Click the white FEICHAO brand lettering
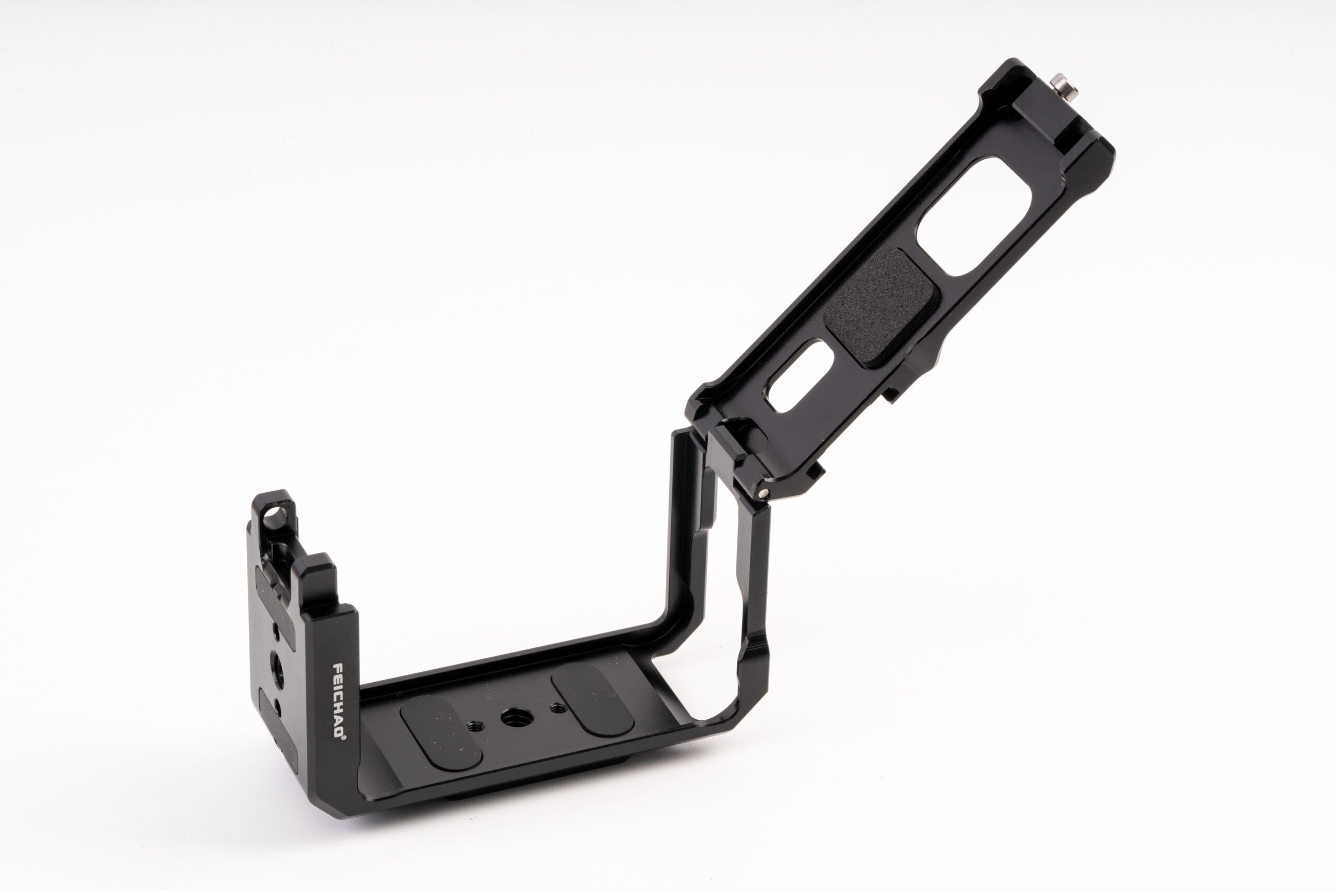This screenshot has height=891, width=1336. [x=339, y=700]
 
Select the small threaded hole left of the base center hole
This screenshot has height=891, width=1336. [x=474, y=726]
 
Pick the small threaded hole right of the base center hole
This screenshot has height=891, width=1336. [x=558, y=709]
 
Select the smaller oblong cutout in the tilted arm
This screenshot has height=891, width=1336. [x=801, y=376]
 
